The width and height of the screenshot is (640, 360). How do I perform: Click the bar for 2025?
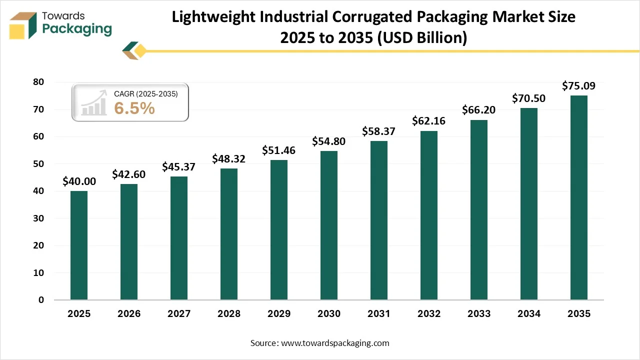pyautogui.click(x=79, y=245)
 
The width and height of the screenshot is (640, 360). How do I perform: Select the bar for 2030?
pyautogui.click(x=329, y=225)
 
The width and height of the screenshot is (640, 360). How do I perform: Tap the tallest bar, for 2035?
pyautogui.click(x=579, y=197)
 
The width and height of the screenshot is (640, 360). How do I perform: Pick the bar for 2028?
pyautogui.click(x=229, y=234)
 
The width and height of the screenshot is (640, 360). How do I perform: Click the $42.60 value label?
pyautogui.click(x=128, y=174)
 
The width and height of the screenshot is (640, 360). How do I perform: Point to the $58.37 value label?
pyautogui.click(x=378, y=131)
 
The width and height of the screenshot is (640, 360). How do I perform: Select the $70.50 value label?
pyautogui.click(x=528, y=98)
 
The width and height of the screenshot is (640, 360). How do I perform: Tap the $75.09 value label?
pyautogui.click(x=578, y=86)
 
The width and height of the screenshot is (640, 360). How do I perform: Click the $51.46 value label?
pyautogui.click(x=278, y=150)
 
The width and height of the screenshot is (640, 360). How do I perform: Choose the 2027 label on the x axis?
pyautogui.click(x=179, y=314)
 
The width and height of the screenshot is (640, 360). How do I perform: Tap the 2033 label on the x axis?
pyautogui.click(x=479, y=314)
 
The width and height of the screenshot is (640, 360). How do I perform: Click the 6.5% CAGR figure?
pyautogui.click(x=134, y=108)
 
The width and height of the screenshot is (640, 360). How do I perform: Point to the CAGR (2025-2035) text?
pyautogui.click(x=145, y=93)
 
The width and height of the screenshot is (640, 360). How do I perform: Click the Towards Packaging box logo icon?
pyautogui.click(x=23, y=25)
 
